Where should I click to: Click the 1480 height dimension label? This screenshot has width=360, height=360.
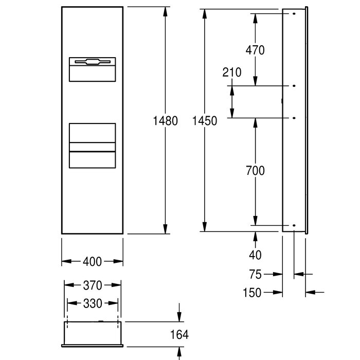click(x=165, y=121)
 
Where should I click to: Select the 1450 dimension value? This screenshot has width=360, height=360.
click(x=205, y=121)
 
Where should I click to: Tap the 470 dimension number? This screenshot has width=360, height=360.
click(x=255, y=50)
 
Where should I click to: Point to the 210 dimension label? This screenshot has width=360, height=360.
click(x=232, y=73)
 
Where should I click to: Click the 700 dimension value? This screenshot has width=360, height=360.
click(x=255, y=171)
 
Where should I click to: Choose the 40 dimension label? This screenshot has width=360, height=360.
click(x=255, y=255)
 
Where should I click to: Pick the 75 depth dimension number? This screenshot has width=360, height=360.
click(x=255, y=274)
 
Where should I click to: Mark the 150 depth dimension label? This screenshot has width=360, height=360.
click(x=252, y=293)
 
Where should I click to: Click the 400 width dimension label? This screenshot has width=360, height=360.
click(x=92, y=261)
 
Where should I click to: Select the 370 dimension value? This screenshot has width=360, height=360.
click(x=93, y=285)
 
